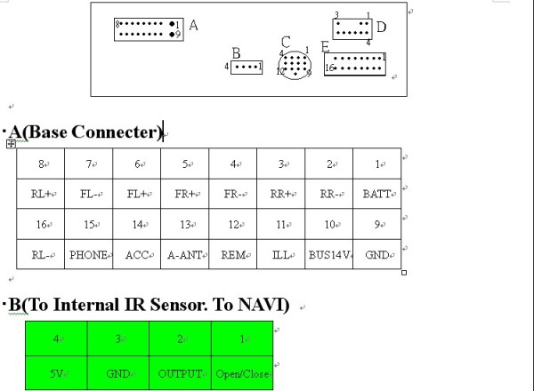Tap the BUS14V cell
tap(329, 254)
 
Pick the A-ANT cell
tap(185, 254)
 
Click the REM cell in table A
tap(233, 254)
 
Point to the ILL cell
tap(281, 254)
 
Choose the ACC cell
tap(137, 254)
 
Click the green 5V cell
tap(55, 374)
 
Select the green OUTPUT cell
tap(181, 374)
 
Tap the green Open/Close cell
tap(243, 374)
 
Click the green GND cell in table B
tap(118, 374)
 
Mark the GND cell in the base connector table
tap(377, 254)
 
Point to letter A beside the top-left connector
tap(193, 26)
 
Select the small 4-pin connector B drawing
tap(247, 67)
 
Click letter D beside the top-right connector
tap(381, 27)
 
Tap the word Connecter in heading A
tap(115, 132)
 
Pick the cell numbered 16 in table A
tap(41, 224)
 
